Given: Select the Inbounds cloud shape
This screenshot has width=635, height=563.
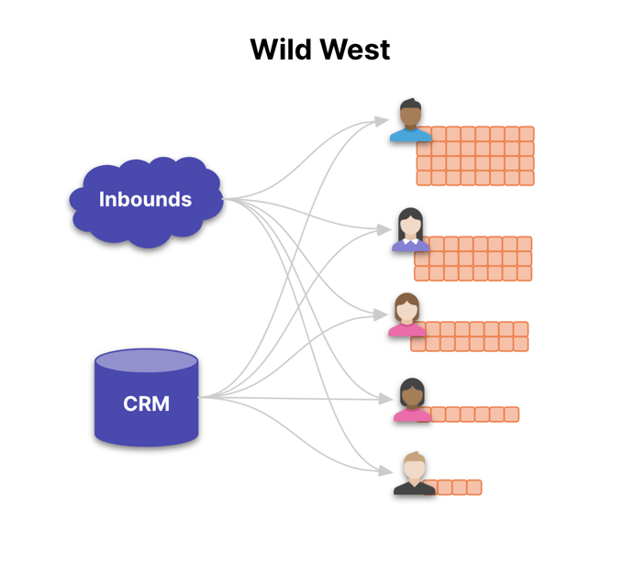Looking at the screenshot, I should pos(146,200).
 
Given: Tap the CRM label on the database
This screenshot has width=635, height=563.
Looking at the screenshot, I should pos(147,403).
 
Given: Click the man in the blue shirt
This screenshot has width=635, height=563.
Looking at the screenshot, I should pos(410,121).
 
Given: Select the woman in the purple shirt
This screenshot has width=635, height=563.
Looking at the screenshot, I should pos(410,230).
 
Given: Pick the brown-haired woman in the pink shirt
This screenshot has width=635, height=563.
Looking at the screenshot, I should pos(406,315).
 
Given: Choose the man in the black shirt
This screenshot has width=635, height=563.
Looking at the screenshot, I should pos(414,474).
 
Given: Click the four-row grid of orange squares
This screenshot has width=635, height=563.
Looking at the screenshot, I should pos(475,156).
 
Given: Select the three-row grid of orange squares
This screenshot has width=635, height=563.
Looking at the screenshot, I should pos(473,259).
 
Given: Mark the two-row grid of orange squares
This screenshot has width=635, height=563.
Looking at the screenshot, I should pos(470,337).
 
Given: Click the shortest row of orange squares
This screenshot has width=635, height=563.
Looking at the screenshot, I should pos(458,488).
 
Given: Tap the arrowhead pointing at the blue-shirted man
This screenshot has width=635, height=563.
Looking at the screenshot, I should pos(384,120).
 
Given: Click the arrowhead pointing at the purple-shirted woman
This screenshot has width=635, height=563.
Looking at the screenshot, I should pos(386,229).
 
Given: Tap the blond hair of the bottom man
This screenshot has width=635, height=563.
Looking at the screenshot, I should pos(415,458).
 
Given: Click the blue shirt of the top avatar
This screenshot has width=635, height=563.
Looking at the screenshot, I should pos(410,136).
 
